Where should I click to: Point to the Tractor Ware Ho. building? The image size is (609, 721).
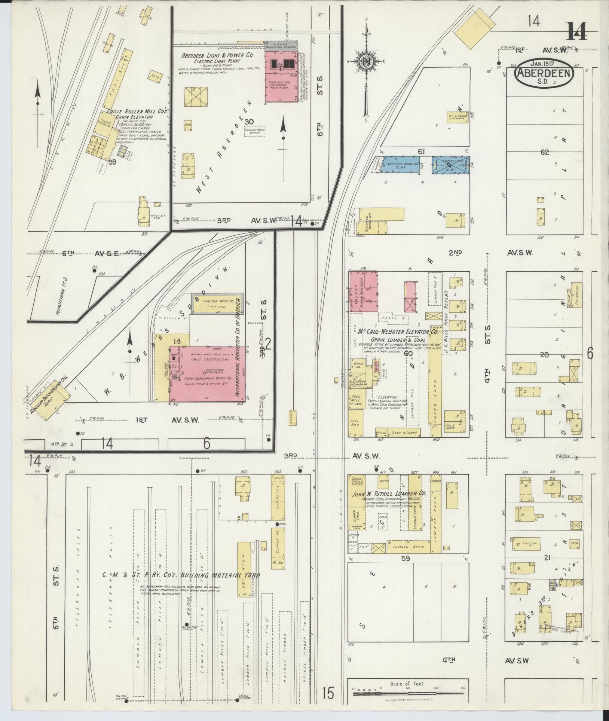tap(218, 303)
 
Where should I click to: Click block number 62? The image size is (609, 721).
tap(544, 152)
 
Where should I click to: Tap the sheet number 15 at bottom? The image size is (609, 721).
tap(327, 693)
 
